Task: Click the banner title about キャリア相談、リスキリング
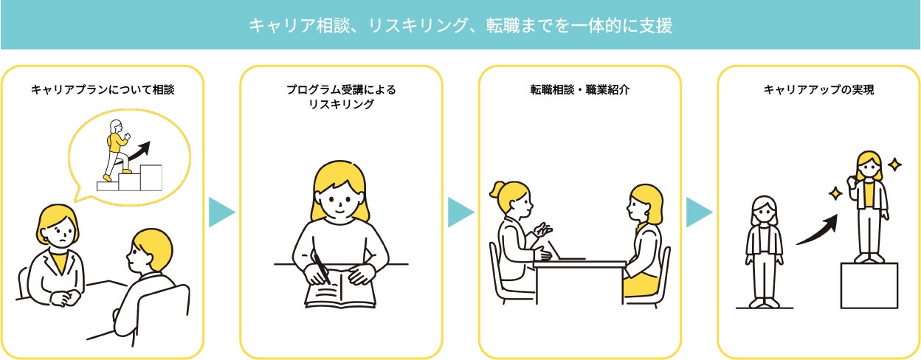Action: click(460, 26)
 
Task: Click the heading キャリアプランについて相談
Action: click(103, 89)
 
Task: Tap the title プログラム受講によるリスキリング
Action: click(341, 97)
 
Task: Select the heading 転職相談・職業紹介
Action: click(580, 89)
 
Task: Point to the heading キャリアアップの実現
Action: click(818, 89)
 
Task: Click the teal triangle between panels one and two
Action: click(221, 212)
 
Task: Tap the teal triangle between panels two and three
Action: click(460, 212)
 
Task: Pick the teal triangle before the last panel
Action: click(699, 212)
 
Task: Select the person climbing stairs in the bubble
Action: click(117, 150)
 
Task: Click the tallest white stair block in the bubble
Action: click(151, 178)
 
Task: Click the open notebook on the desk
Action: click(340, 289)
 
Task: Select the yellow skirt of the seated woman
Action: click(641, 285)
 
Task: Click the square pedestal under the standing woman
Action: click(869, 285)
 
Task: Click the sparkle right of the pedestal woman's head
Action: click(894, 165)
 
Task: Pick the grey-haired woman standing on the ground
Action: click(765, 252)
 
